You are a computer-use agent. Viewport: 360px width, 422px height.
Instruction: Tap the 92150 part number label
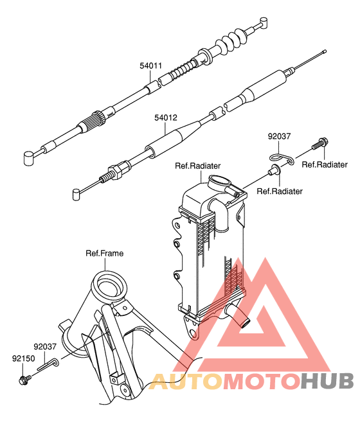coord(22,358)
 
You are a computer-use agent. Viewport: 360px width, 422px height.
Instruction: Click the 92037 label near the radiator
coord(280,136)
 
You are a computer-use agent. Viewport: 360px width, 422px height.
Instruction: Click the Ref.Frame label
coord(104,253)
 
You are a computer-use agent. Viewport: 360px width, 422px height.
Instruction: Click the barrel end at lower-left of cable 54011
coord(28,157)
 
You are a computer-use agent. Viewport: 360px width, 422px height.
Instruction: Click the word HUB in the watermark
coord(327,380)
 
